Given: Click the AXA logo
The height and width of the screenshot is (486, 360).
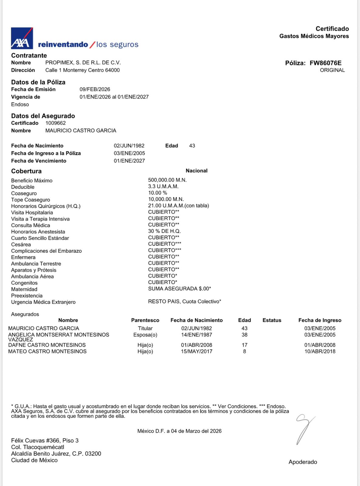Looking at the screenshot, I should coord(22,38).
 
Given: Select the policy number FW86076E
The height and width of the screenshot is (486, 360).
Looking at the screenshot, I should coord(325,63).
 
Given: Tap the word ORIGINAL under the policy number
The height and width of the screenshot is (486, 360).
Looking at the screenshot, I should coord(332,70).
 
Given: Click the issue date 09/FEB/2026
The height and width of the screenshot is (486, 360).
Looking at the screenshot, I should coord(95,89).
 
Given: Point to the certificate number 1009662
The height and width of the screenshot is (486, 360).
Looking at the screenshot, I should coord(56,123).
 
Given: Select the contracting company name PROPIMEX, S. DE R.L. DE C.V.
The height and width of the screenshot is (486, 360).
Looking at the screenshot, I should coord(83,63).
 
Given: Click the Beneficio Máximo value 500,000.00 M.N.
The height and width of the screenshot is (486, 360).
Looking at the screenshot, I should coord(167,180).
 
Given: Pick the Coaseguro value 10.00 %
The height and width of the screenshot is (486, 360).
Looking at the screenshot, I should coord(158,193).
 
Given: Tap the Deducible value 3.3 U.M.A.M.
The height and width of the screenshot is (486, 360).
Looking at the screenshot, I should coord(163,187).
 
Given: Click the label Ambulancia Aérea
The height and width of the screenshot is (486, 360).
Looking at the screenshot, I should coord(32,276).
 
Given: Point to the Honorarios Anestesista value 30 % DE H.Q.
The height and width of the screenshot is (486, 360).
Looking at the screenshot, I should coord(164,231).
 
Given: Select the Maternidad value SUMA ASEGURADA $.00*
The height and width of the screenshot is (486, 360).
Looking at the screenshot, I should coord(179,289).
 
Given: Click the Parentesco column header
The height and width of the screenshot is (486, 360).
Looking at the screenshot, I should coord(145,320).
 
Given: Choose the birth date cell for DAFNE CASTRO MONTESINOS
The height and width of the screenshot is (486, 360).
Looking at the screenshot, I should coord(196,345).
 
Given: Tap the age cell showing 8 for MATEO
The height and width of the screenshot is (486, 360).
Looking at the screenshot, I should coord(244,351).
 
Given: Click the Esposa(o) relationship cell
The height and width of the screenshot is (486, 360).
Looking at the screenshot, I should coord(145,335).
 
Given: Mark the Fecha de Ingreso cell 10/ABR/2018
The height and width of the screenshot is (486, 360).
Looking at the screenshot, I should coord(320,351).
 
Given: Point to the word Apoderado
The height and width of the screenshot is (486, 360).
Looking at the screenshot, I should coord(303,462).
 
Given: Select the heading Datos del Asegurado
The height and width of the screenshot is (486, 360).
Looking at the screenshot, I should coord(43,116).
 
